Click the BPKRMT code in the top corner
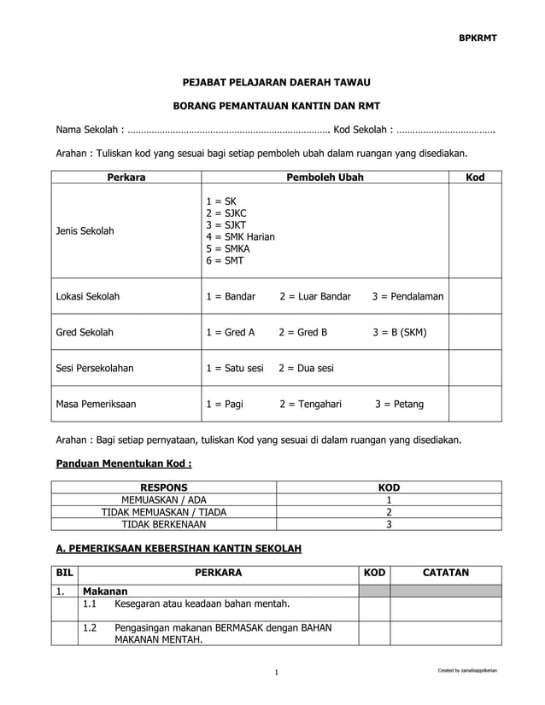(478, 38)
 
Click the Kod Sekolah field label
(362, 131)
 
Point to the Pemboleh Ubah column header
(324, 178)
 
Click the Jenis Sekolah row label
(85, 231)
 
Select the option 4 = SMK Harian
(240, 236)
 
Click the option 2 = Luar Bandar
(314, 297)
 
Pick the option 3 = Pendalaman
(407, 297)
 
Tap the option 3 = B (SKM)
(400, 333)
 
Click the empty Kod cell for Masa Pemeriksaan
(475, 405)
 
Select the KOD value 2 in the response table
(389, 512)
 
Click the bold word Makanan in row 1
(104, 591)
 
